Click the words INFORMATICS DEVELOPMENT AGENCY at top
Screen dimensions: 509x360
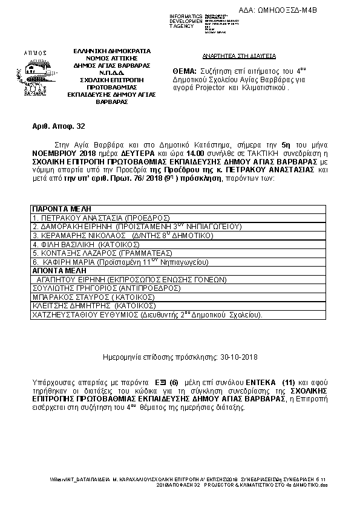(x=186, y=21)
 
